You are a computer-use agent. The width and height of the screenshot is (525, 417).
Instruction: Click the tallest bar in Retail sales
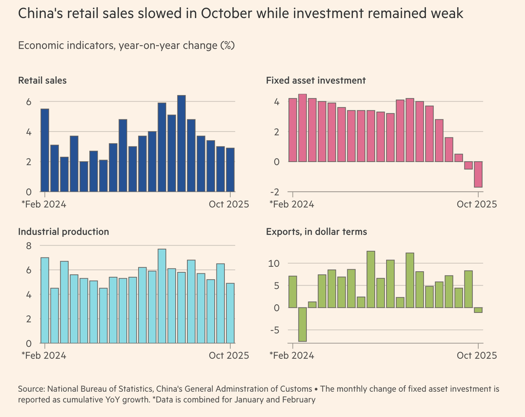point(182,144)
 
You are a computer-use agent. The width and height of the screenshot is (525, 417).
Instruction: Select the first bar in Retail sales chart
point(45,150)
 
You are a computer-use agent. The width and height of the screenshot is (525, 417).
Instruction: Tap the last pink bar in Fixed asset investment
point(478,174)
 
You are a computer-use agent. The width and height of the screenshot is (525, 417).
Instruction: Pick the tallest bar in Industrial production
point(162,296)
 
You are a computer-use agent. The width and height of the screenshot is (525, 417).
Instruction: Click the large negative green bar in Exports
point(302,324)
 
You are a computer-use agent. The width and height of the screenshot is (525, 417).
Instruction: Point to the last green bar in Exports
point(478,310)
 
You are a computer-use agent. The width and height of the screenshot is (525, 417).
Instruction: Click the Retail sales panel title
point(42,81)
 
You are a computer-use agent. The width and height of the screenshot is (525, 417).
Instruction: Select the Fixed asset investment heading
point(316,81)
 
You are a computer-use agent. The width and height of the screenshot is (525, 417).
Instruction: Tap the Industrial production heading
point(63,232)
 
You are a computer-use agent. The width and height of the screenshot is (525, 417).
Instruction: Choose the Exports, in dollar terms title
point(316,232)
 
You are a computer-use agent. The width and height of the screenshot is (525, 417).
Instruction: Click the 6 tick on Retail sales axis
point(28,102)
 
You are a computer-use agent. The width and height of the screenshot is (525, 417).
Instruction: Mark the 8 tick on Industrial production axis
point(28,245)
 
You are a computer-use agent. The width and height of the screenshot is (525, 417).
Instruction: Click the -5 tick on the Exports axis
point(275,330)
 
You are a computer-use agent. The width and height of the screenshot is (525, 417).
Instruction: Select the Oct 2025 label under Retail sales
point(229,204)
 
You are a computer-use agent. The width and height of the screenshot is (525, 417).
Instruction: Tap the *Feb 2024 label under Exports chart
point(292,356)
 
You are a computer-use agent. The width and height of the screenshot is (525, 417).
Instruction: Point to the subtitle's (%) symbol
point(227,45)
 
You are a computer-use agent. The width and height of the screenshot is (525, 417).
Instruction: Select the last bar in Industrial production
point(230,313)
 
